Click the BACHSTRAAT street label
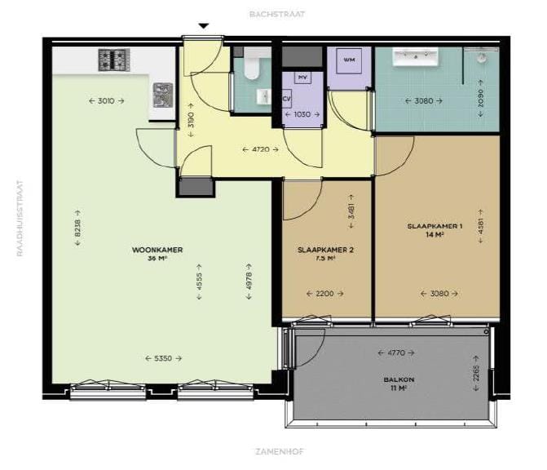coord(277,14)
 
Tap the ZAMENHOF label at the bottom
coord(277,450)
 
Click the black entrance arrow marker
coord(204,26)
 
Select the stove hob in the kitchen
coord(113,60)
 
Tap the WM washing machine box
coord(349,60)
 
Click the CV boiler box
coord(287,100)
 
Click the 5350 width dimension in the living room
coord(163,358)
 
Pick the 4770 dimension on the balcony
coord(396,352)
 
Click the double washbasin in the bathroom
coord(416,57)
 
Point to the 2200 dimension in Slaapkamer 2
coord(324,294)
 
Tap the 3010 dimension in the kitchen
coord(106,100)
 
